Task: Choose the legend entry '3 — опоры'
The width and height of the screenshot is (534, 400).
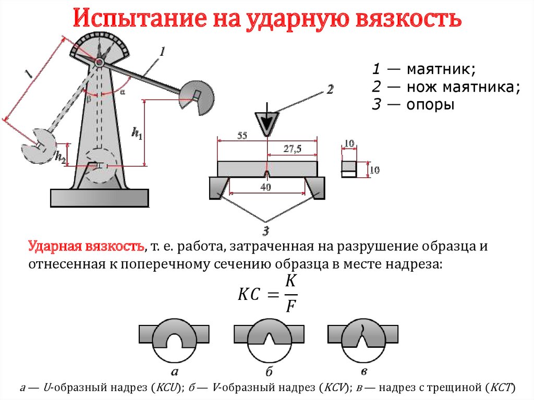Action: pyautogui.click(x=412, y=105)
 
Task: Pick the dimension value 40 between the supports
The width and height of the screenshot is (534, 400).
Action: pyautogui.click(x=266, y=187)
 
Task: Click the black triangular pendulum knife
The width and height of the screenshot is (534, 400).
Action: pyautogui.click(x=267, y=123)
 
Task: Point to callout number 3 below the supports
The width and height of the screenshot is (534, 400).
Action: pyautogui.click(x=266, y=230)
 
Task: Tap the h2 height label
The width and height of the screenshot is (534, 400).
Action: pyautogui.click(x=60, y=156)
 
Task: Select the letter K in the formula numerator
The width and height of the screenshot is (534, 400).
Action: pyautogui.click(x=291, y=281)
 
